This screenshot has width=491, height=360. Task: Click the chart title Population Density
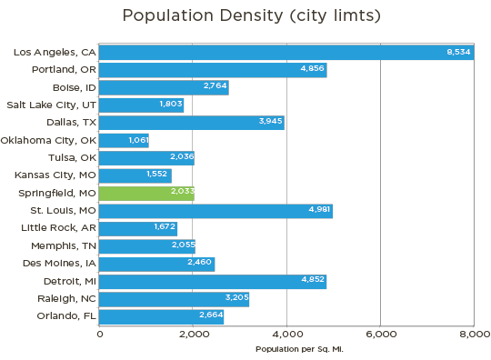click(x=245, y=16)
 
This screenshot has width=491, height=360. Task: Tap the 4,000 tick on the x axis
click(x=286, y=335)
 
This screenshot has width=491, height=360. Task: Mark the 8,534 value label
click(x=458, y=53)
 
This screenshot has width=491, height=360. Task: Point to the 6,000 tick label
click(x=380, y=335)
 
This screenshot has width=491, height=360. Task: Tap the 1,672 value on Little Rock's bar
click(x=164, y=228)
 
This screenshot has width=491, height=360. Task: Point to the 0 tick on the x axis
click(x=100, y=335)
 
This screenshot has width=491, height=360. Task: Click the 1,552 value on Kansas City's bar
click(x=157, y=175)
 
